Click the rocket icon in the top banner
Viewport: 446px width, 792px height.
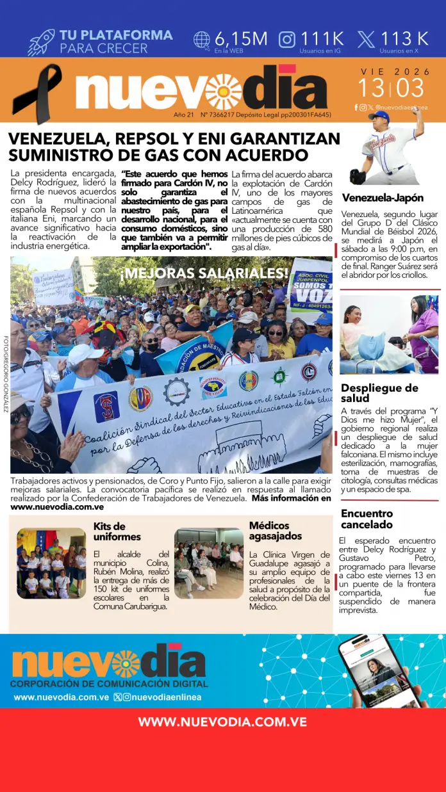click(41, 42)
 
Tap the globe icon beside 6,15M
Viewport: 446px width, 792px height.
click(202, 40)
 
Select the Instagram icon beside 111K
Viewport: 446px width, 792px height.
click(287, 40)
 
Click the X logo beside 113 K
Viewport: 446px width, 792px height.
click(366, 40)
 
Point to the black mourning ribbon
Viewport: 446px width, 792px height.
click(37, 93)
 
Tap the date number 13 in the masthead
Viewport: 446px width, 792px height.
click(371, 88)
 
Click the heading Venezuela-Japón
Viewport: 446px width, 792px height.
click(382, 198)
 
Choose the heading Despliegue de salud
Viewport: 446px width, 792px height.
click(379, 393)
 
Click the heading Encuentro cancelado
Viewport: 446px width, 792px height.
click(367, 519)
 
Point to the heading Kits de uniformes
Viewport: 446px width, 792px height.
click(117, 531)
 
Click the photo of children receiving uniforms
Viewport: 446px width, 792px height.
click(51, 563)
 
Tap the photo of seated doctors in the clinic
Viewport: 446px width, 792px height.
click(209, 563)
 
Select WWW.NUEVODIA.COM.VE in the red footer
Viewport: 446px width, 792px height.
click(222, 722)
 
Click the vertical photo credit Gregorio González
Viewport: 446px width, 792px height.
click(6, 374)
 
